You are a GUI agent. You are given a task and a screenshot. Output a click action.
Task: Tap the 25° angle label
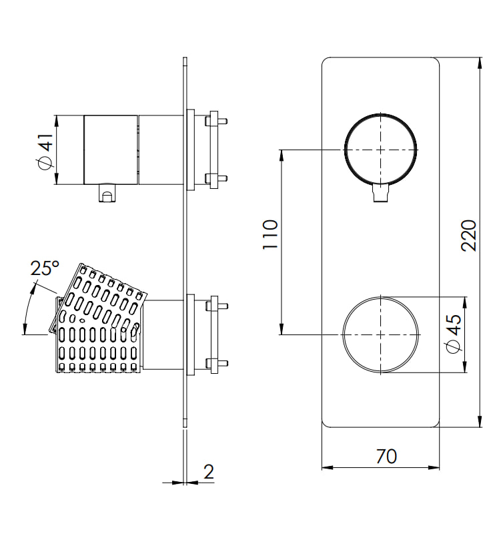[45, 268]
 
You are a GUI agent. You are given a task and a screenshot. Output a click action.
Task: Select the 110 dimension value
[270, 234]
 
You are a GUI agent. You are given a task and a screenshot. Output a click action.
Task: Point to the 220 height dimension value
[469, 236]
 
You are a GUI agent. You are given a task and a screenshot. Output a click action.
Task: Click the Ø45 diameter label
[454, 333]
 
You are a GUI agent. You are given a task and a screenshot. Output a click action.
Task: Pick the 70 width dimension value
[386, 457]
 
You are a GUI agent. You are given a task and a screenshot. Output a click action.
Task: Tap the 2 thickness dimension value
[209, 472]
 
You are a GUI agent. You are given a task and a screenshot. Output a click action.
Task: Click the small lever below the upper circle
[381, 193]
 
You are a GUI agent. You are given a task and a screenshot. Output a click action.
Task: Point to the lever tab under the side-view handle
[107, 193]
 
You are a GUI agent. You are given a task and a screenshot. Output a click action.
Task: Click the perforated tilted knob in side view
[99, 318]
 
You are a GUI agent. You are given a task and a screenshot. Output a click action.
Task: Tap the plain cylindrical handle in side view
[111, 150]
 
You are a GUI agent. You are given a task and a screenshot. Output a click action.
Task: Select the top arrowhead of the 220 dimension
[480, 63]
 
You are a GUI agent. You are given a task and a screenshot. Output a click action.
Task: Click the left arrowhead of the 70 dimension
[328, 468]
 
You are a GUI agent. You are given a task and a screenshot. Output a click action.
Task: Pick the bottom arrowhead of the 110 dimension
[282, 329]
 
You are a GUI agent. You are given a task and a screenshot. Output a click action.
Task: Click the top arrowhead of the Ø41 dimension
[57, 121]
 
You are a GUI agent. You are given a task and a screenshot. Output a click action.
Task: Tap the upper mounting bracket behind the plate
[205, 150]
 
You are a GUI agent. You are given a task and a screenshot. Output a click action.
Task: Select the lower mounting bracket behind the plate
[205, 335]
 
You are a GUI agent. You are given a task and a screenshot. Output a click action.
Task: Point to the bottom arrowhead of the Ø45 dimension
[464, 366]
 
